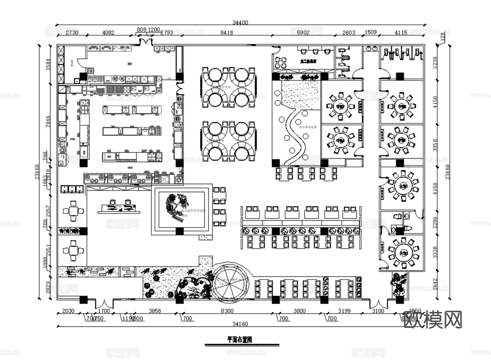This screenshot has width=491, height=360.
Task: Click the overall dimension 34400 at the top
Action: [x=240, y=22]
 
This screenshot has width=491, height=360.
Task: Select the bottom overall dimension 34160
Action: [x=240, y=324]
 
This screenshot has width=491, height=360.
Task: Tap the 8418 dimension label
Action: [x=226, y=32]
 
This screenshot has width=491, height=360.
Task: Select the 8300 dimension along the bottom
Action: [x=227, y=311]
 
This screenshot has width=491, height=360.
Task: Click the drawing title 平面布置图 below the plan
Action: [x=239, y=339]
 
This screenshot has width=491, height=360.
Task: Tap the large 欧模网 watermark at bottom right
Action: [x=433, y=320]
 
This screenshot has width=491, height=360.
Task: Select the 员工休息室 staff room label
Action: [x=308, y=62]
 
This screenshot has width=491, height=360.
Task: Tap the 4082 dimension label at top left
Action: [x=108, y=32]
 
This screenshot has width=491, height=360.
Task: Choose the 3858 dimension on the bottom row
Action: [x=155, y=311]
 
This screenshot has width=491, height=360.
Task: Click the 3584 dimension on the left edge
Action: [x=48, y=65]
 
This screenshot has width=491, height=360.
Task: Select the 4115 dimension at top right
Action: [x=401, y=32]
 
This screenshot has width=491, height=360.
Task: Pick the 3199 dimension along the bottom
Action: [x=344, y=311]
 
